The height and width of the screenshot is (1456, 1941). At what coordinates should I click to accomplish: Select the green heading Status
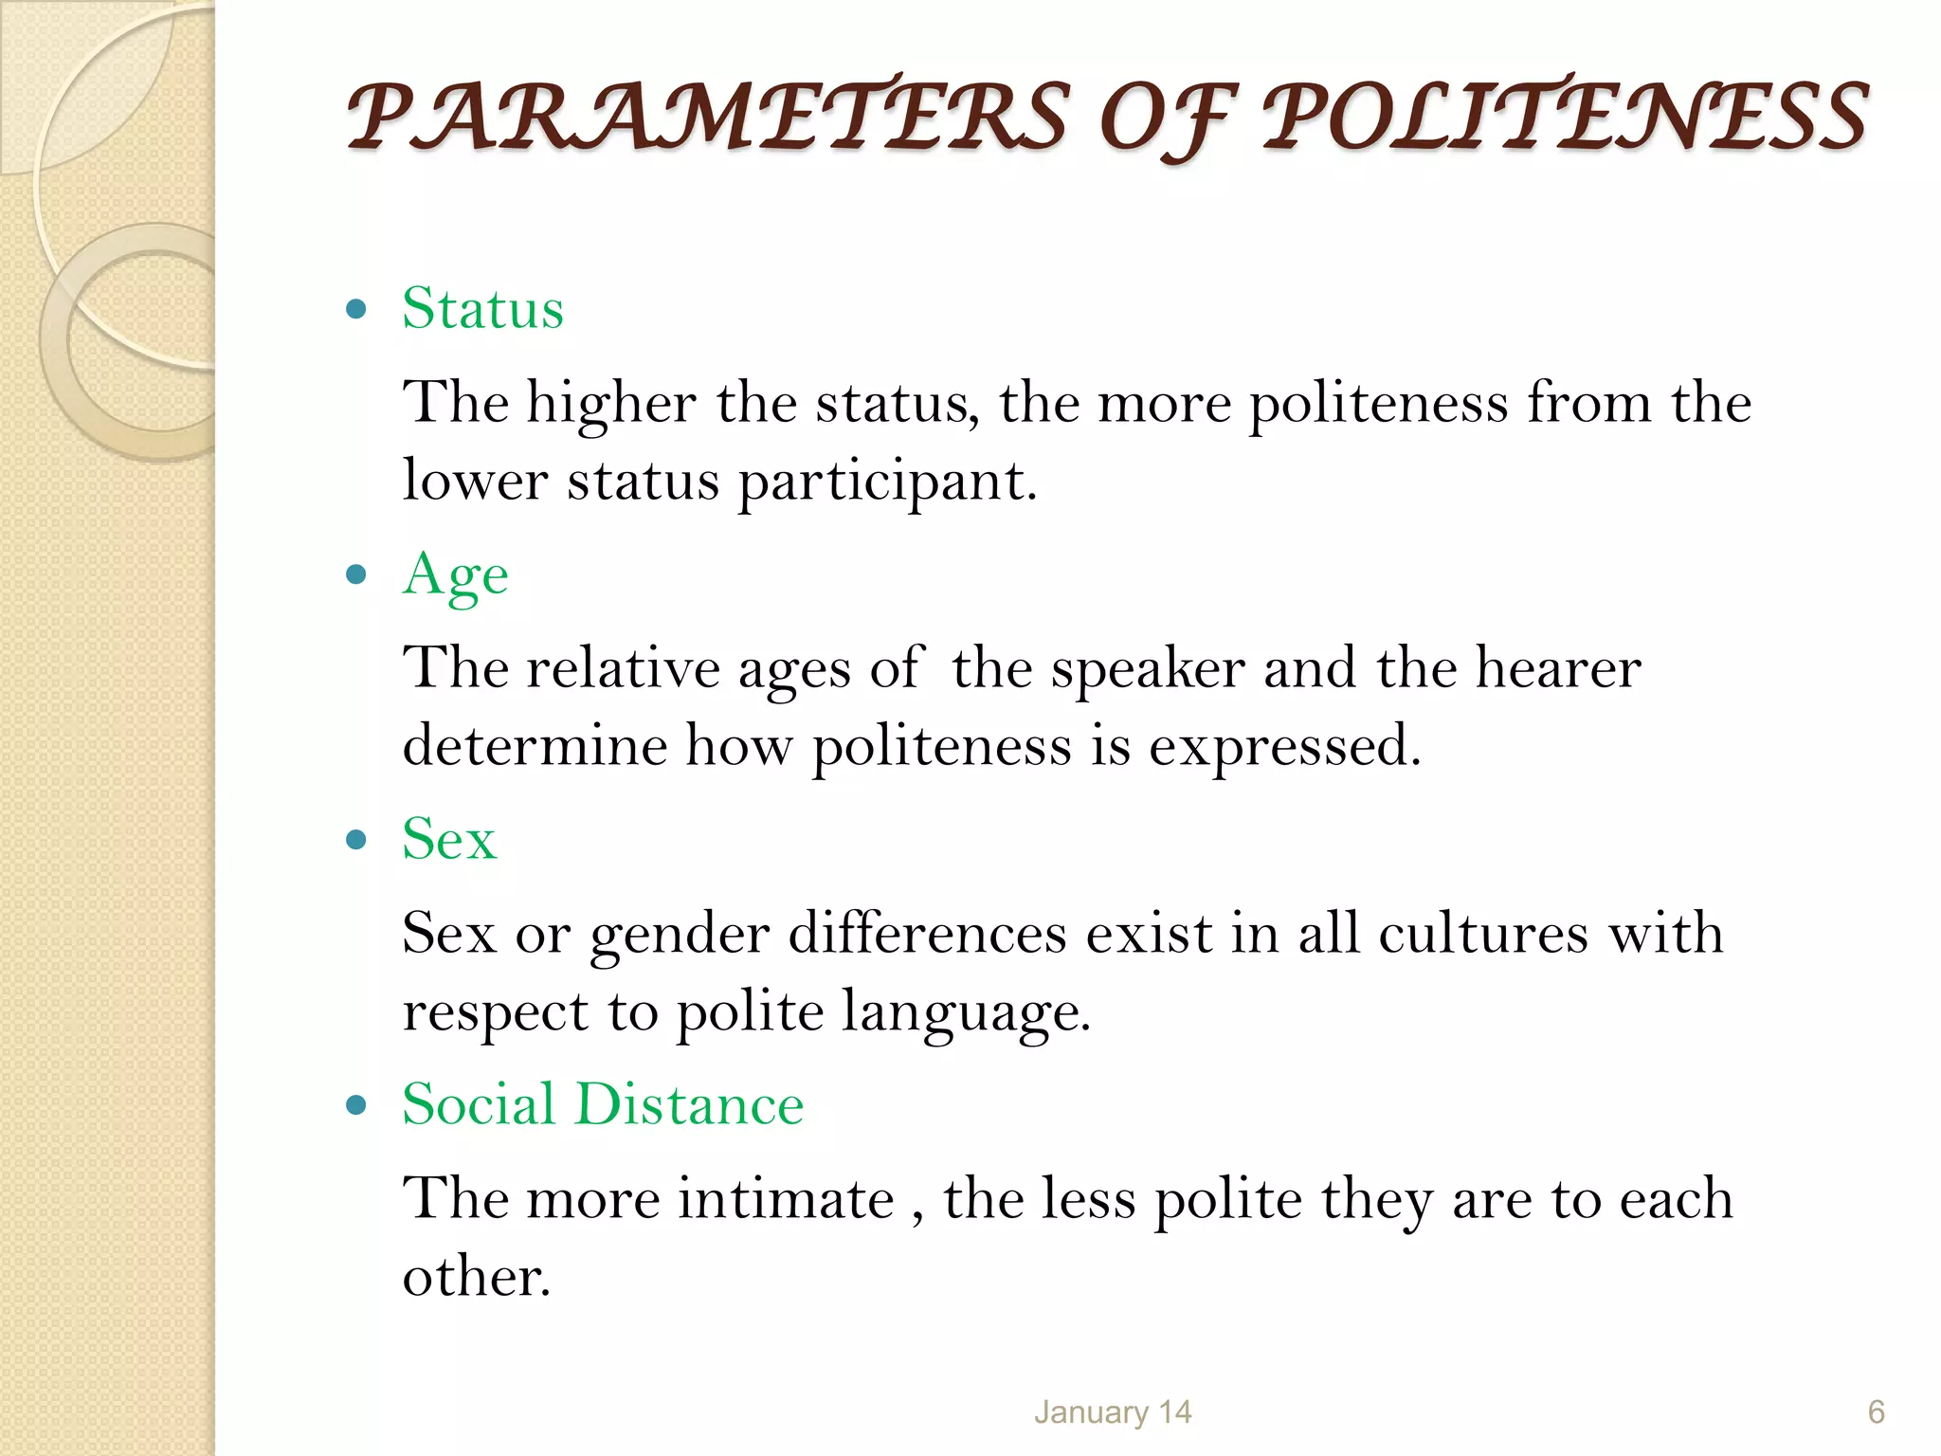coord(482,308)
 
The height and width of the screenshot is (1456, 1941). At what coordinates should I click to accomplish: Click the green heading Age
coord(455,575)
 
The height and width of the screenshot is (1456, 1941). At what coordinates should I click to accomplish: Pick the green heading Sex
coord(449,839)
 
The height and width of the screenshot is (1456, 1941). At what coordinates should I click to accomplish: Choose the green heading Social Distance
coord(603,1104)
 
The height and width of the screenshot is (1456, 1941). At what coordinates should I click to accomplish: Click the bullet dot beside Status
coord(356,309)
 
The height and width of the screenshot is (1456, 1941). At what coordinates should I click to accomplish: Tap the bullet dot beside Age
coord(356,574)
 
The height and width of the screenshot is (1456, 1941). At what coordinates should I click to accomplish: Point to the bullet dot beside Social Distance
coord(356,1105)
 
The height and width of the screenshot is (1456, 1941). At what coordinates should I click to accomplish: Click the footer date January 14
coord(1112,1412)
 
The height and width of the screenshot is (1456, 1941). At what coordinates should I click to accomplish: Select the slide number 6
coord(1876,1412)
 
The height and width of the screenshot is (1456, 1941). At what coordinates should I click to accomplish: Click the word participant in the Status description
coord(887,482)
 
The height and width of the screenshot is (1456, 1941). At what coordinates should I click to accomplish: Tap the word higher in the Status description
coord(611,403)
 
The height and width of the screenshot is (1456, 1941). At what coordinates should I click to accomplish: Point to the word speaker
coord(1148,668)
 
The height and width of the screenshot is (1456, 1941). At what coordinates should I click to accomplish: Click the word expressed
coord(1284,747)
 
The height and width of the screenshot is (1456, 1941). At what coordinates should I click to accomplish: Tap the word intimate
coord(786,1199)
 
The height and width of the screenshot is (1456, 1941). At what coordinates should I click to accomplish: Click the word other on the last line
coord(476,1277)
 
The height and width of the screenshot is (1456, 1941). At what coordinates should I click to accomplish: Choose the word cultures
coord(1482,934)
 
